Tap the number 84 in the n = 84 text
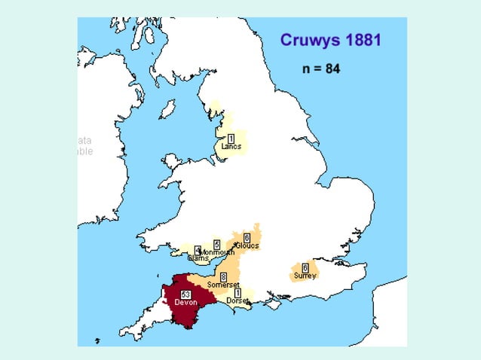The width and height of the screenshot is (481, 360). (x=332, y=69)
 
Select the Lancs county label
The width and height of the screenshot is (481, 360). (x=231, y=146)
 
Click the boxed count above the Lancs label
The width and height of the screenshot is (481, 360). (x=231, y=138)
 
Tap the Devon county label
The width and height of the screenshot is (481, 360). (x=185, y=302)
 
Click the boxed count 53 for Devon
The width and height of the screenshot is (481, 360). (x=185, y=293)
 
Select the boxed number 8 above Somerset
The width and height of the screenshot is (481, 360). (x=223, y=277)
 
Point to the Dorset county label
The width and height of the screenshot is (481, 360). (x=237, y=301)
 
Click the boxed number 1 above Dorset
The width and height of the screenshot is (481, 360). (x=237, y=292)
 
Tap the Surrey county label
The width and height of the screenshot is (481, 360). (x=305, y=276)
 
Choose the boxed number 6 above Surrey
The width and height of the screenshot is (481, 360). (x=305, y=267)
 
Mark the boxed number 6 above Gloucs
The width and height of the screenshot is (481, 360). (x=247, y=238)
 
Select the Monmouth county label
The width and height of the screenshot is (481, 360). (x=218, y=252)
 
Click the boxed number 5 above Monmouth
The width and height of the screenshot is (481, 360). (x=216, y=244)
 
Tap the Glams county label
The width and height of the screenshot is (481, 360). (x=198, y=258)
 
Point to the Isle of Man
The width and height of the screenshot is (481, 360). (x=167, y=109)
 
